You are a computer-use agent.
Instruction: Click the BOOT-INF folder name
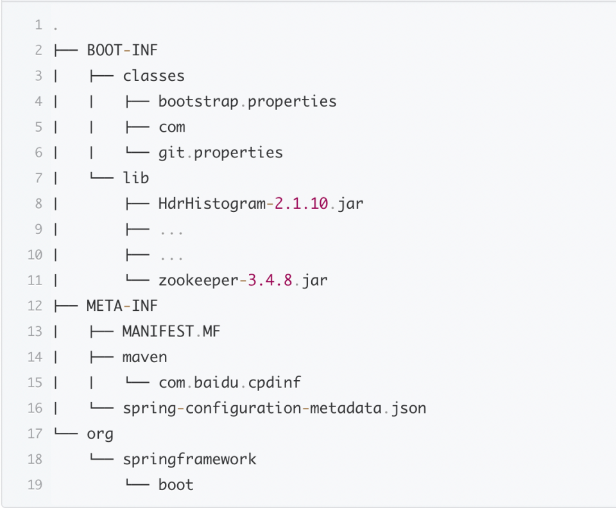[x=122, y=50]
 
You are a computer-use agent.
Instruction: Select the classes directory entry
[x=153, y=76]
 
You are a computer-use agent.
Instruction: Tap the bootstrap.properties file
[x=247, y=101]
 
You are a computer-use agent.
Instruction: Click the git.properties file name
[x=220, y=152]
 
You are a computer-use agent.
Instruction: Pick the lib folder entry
[x=136, y=178]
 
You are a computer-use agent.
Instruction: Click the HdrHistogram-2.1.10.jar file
[x=261, y=204]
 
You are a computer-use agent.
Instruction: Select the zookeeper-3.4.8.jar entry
[x=243, y=280]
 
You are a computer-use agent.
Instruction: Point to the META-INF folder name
[x=122, y=306]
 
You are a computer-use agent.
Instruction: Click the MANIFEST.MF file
[x=171, y=331]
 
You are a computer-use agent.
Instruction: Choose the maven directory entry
[x=144, y=356]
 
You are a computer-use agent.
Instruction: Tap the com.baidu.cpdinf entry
[x=229, y=382]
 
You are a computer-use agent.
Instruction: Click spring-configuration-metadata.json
[x=274, y=408]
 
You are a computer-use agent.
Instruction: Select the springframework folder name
[x=189, y=459]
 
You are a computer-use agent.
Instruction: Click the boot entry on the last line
[x=176, y=484]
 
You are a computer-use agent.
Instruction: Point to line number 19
[x=35, y=484]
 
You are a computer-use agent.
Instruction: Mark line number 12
[x=35, y=306]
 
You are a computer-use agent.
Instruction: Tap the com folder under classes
[x=172, y=127]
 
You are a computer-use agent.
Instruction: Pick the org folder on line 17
[x=100, y=434]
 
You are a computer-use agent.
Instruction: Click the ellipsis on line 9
[x=171, y=230]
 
